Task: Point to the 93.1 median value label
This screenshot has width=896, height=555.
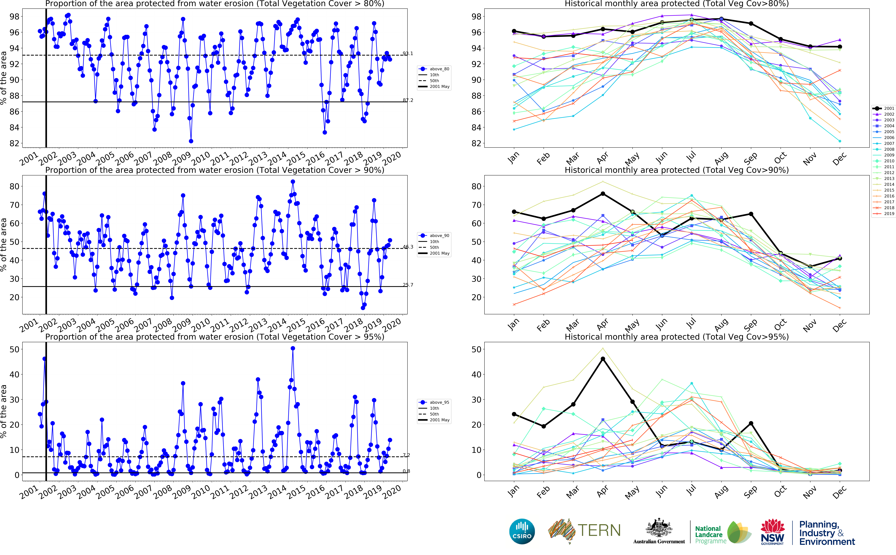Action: pyautogui.click(x=408, y=54)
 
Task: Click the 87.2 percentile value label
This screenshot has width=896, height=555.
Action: pyautogui.click(x=408, y=100)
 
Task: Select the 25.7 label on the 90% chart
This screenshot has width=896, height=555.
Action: pyautogui.click(x=408, y=285)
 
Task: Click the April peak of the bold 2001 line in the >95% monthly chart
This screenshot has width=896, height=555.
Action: pyautogui.click(x=603, y=359)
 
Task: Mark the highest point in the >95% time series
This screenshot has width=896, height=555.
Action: pyautogui.click(x=293, y=348)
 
